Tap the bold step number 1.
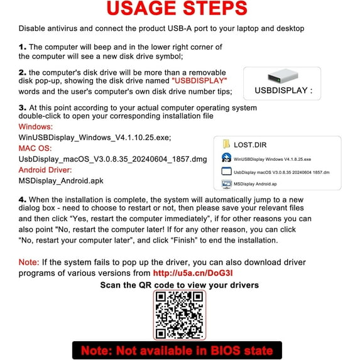[x=23, y=46]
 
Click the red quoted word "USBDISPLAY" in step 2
[x=200, y=81]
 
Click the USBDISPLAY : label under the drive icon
[x=283, y=90]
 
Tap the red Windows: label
[x=36, y=127]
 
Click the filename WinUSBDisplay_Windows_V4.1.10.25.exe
[x=95, y=138]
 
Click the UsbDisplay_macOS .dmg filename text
[x=104, y=159]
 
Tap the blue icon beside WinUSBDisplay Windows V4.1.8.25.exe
[x=226, y=158]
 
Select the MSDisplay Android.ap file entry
[x=254, y=184]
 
